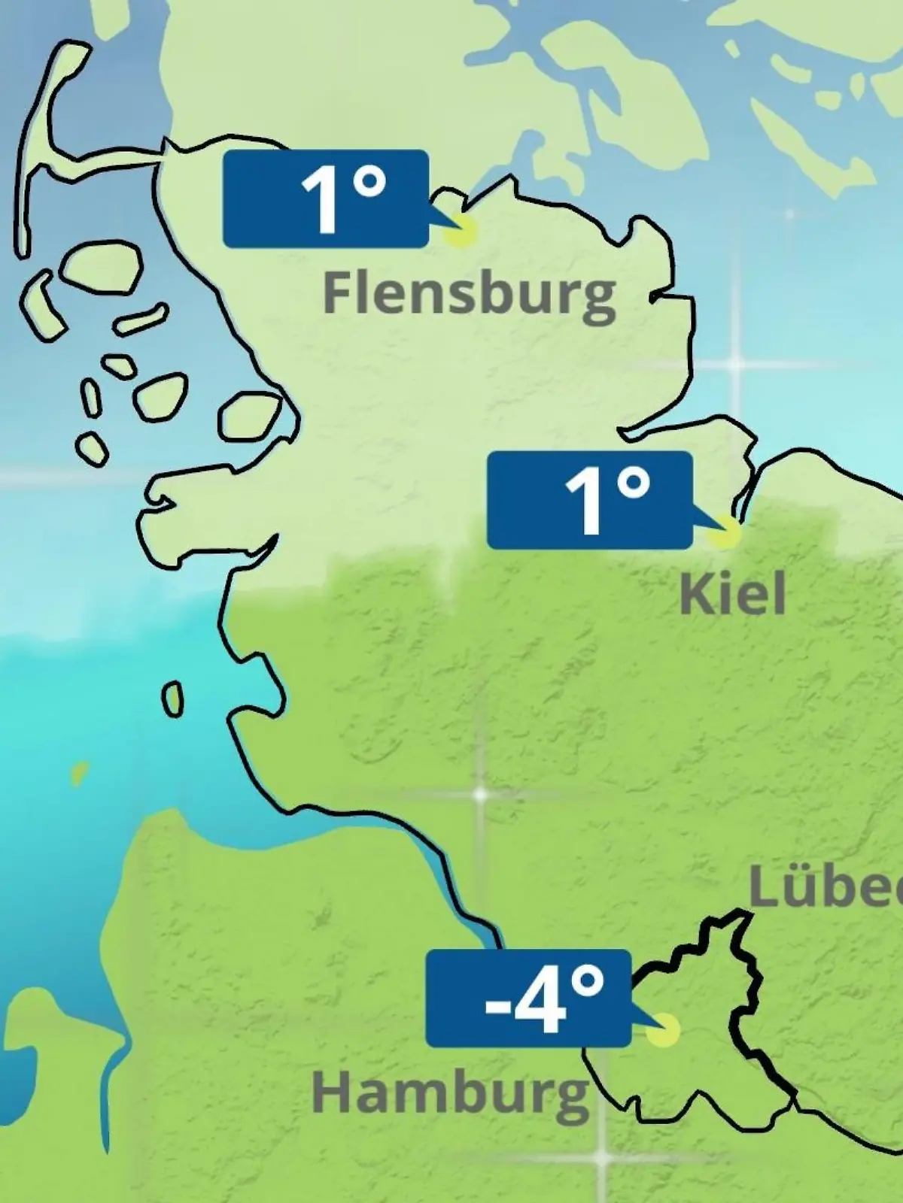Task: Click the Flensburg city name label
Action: pyautogui.click(x=469, y=295)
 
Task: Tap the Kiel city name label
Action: pyautogui.click(x=732, y=594)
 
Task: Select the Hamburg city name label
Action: pyautogui.click(x=450, y=1094)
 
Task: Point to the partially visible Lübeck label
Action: pyautogui.click(x=825, y=889)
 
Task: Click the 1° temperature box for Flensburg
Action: pyautogui.click(x=326, y=198)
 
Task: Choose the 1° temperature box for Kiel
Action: pyautogui.click(x=589, y=500)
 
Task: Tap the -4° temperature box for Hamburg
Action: pyautogui.click(x=528, y=998)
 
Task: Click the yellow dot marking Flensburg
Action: pyautogui.click(x=460, y=231)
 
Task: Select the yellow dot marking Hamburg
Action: pyautogui.click(x=664, y=1030)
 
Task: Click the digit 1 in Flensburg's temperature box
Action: pyautogui.click(x=319, y=201)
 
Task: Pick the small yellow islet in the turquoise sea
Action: pyautogui.click(x=78, y=772)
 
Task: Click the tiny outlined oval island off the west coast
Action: pyautogui.click(x=173, y=698)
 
